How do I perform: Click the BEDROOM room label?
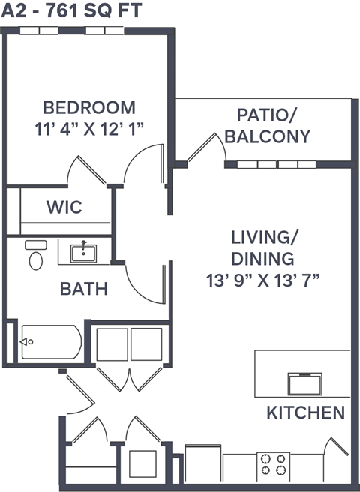(88, 107)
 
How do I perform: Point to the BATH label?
(83, 289)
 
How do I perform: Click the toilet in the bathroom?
(35, 256)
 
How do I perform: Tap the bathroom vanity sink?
(83, 252)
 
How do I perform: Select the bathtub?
(50, 343)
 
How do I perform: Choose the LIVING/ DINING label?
(262, 249)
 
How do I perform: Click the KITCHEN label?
(306, 412)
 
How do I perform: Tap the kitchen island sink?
(305, 382)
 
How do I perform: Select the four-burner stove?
(274, 467)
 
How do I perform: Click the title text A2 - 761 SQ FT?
(72, 10)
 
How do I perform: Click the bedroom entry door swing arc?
(142, 165)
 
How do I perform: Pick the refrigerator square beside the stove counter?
(202, 465)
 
